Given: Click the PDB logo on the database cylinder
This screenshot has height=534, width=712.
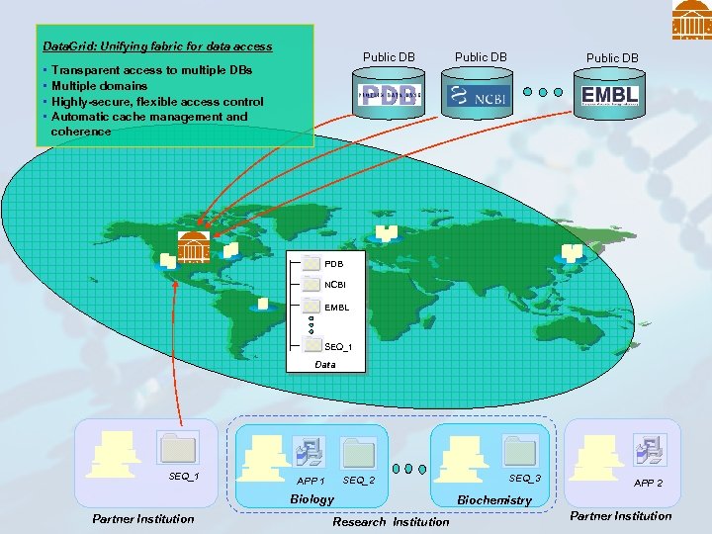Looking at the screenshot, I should click(390, 95).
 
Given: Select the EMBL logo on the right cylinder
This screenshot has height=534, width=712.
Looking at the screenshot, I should click(610, 95).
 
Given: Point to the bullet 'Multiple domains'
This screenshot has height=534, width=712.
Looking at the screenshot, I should click(99, 86).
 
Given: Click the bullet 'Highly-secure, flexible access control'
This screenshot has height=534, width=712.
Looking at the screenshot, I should click(156, 101).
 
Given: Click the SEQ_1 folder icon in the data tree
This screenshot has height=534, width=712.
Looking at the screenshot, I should click(312, 346).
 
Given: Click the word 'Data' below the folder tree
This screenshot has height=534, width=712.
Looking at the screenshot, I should click(325, 365).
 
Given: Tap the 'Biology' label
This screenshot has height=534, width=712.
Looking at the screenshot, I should click(311, 499).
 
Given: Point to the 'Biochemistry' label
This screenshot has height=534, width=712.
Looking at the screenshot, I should click(494, 500).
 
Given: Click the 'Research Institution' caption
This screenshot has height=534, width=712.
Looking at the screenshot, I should click(391, 521).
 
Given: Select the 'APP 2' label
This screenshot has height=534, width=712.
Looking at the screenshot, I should click(648, 484).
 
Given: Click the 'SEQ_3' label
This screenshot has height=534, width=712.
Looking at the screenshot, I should click(524, 479).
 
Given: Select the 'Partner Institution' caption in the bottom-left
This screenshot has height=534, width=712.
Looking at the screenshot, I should click(143, 518).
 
